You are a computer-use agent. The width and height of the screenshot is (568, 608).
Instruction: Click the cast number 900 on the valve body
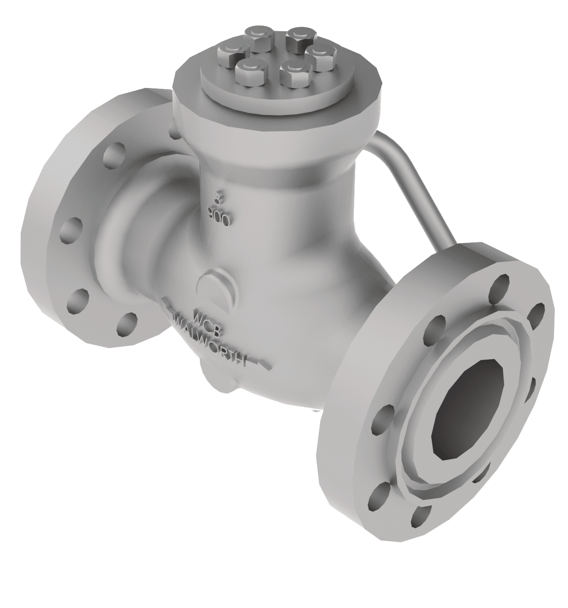(x=219, y=214)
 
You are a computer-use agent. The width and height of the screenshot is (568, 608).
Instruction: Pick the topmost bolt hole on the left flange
(x=111, y=156)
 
